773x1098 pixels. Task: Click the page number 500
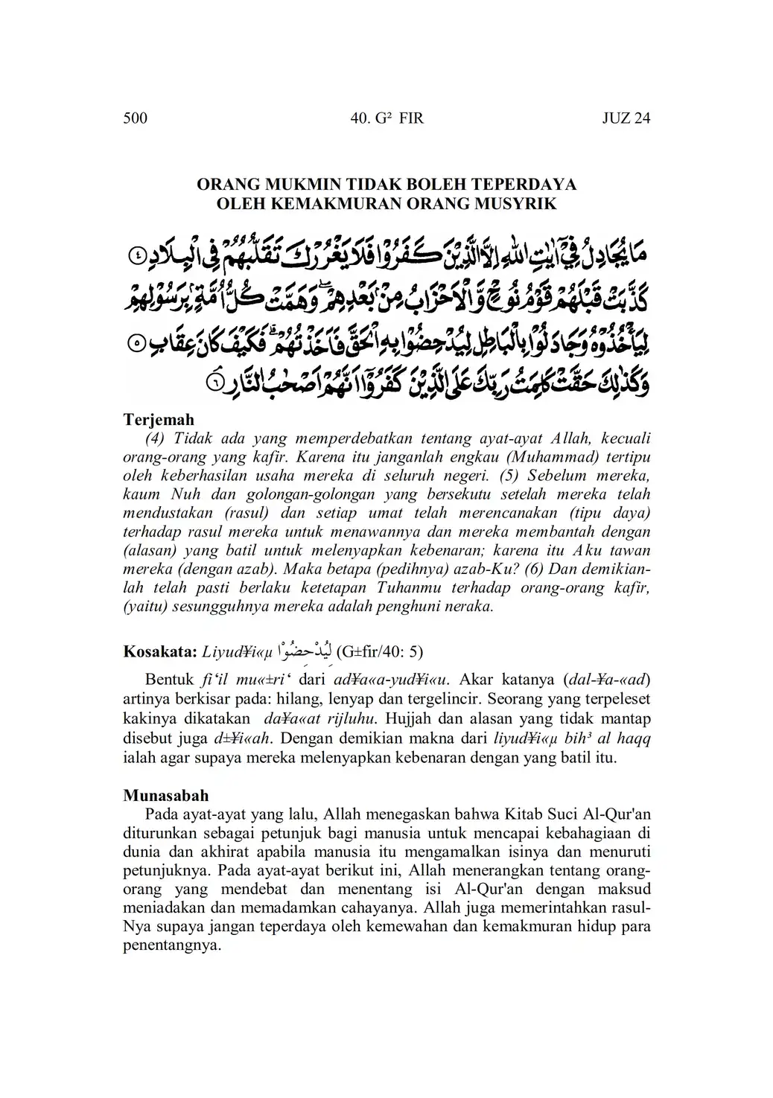(x=135, y=118)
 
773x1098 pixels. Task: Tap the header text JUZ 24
(x=626, y=118)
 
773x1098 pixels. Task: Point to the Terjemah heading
(x=159, y=420)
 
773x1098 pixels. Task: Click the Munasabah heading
(x=166, y=796)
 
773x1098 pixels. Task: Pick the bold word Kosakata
(x=159, y=653)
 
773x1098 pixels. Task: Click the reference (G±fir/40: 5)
(x=380, y=653)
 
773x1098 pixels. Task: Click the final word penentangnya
(x=171, y=947)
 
